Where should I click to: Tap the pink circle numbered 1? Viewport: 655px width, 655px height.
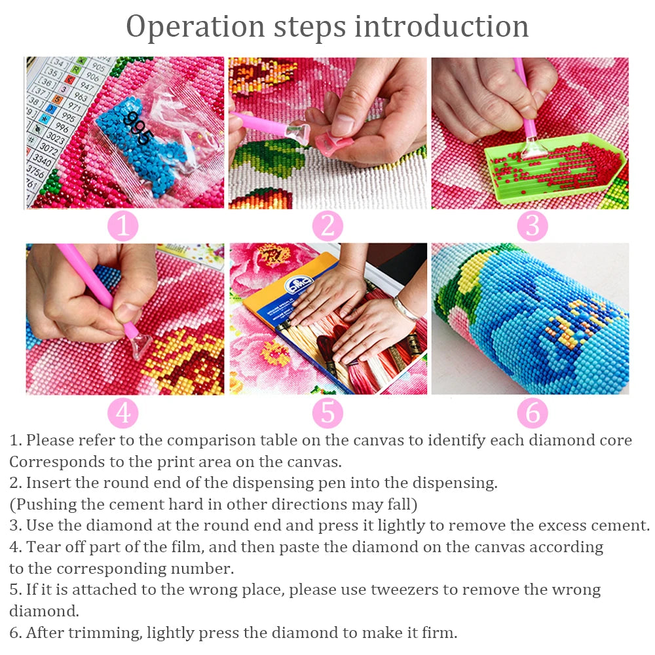pos(123,227)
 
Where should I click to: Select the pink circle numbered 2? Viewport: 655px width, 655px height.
pos(327,227)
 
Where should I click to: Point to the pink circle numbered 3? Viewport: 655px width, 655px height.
pos(532,227)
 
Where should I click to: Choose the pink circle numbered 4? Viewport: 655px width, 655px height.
pos(123,413)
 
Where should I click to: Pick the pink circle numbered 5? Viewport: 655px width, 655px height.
pos(327,413)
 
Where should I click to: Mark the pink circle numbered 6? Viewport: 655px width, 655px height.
pos(532,413)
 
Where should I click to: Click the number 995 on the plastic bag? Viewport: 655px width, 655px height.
pos(139,128)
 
